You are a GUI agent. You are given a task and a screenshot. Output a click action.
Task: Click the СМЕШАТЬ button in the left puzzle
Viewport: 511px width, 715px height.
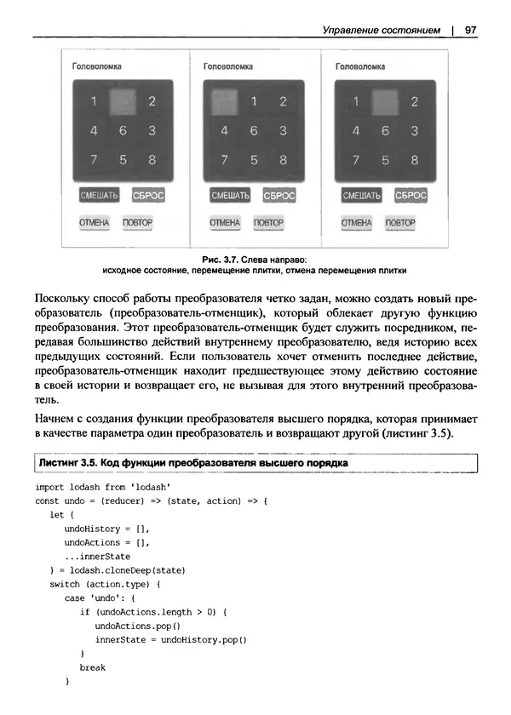pyautogui.click(x=98, y=196)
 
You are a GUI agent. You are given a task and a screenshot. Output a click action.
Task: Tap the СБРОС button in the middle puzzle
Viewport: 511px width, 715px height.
pyautogui.click(x=278, y=196)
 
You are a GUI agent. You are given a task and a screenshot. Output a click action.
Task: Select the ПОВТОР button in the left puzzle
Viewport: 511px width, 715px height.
pyautogui.click(x=138, y=223)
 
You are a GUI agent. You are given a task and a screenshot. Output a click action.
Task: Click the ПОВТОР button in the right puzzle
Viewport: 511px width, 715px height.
pyautogui.click(x=400, y=223)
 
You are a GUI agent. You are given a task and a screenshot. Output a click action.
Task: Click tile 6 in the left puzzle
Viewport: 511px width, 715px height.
pyautogui.click(x=123, y=131)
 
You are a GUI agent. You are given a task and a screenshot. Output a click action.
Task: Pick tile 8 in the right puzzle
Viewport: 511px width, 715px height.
pyautogui.click(x=415, y=159)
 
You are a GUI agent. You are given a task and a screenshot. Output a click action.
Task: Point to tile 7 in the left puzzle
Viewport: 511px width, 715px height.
pyautogui.click(x=94, y=159)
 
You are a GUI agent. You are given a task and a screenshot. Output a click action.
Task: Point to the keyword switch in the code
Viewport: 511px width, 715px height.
pyautogui.click(x=66, y=585)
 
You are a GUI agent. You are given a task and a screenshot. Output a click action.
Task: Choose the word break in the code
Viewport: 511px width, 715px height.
pyautogui.click(x=92, y=667)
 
